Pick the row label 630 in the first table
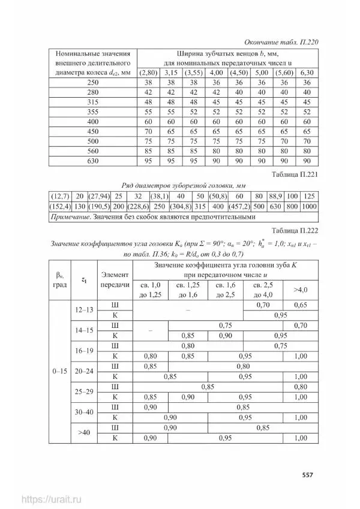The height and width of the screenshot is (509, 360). click(x=92, y=160)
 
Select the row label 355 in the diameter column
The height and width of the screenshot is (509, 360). click(x=92, y=112)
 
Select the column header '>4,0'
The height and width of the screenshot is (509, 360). click(x=300, y=290)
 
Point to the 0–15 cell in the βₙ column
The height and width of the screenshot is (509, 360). click(x=59, y=371)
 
